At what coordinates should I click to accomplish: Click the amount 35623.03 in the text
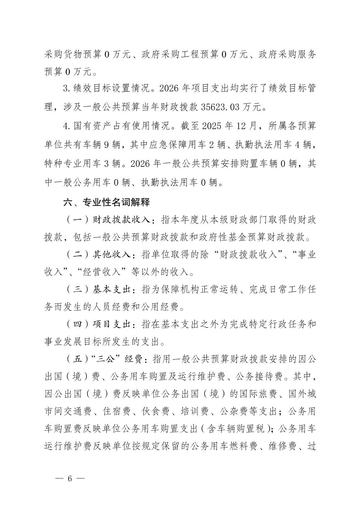(x=221, y=107)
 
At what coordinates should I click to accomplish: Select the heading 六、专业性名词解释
(x=107, y=203)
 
